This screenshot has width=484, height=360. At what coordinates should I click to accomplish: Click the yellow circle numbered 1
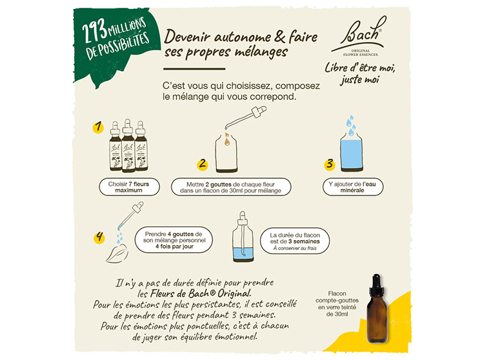click(x=98, y=127)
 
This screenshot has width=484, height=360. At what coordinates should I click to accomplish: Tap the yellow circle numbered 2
click(x=203, y=164)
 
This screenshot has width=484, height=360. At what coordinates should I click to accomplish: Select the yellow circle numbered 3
click(x=330, y=164)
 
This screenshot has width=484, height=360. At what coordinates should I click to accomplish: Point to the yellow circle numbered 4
click(x=99, y=238)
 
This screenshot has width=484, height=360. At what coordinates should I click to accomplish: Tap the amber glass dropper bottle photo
click(x=378, y=308)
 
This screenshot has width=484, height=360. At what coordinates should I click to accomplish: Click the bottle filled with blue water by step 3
click(x=352, y=152)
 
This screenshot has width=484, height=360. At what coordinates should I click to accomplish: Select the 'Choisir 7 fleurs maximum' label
click(x=129, y=187)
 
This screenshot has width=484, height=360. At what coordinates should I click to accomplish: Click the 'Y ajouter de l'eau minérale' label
click(x=353, y=187)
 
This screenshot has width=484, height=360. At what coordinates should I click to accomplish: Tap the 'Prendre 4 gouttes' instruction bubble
click(x=174, y=240)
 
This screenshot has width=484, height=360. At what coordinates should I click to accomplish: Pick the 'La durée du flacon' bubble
click(x=295, y=241)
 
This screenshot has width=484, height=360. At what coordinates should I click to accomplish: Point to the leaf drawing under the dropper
click(x=117, y=254)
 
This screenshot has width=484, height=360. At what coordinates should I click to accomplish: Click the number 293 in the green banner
click(x=94, y=32)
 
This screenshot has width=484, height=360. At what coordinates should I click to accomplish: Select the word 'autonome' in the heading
click(x=243, y=37)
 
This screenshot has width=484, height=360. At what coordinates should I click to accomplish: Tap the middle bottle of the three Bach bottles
click(x=128, y=146)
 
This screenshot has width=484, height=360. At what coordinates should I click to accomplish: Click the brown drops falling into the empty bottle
click(x=227, y=139)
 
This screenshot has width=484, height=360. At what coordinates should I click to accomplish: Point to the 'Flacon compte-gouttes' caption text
click(x=337, y=304)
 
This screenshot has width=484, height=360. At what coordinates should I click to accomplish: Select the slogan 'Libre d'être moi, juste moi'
click(x=360, y=74)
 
